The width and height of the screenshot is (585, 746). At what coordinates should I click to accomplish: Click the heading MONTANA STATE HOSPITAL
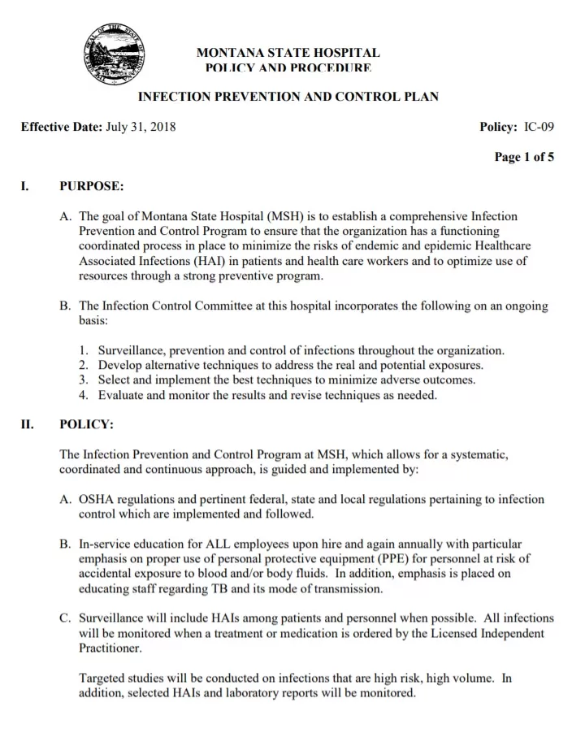click(x=288, y=52)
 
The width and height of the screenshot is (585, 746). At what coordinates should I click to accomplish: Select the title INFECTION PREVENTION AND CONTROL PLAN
click(x=288, y=97)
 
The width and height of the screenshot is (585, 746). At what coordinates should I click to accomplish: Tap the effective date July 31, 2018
click(x=141, y=127)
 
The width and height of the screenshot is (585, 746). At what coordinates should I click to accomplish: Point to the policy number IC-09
click(x=539, y=127)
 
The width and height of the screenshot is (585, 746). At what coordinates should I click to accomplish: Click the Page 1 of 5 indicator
click(x=524, y=158)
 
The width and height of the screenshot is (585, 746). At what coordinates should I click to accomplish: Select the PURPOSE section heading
click(x=91, y=186)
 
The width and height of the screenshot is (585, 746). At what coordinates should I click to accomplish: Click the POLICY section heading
click(x=86, y=424)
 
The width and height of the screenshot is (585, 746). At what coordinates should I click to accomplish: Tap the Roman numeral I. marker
click(x=25, y=186)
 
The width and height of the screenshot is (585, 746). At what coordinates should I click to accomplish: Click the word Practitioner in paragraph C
click(x=110, y=648)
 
